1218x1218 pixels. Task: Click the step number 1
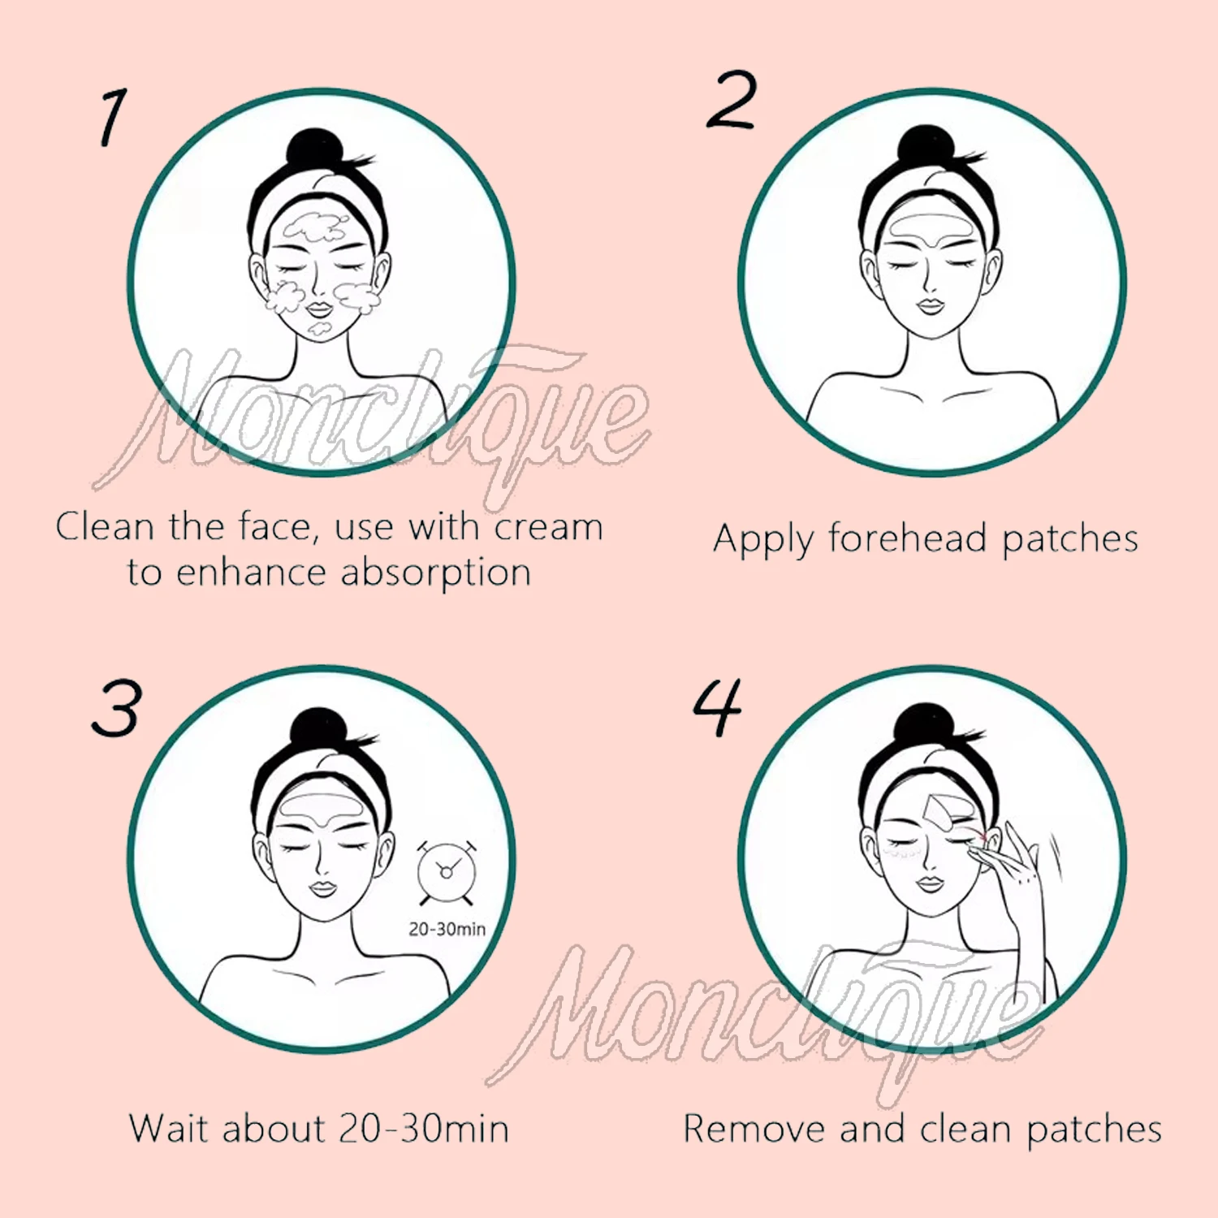pyautogui.click(x=114, y=118)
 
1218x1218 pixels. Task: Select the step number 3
pyautogui.click(x=117, y=708)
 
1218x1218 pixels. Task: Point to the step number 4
pyautogui.click(x=718, y=707)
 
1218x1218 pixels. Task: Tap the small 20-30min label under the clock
pyautogui.click(x=447, y=929)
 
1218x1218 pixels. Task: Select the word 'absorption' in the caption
pyautogui.click(x=435, y=573)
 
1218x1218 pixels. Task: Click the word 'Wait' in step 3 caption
pyautogui.click(x=168, y=1129)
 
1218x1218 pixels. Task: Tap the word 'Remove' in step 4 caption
pyautogui.click(x=754, y=1129)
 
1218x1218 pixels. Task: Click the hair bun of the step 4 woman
pyautogui.click(x=926, y=724)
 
